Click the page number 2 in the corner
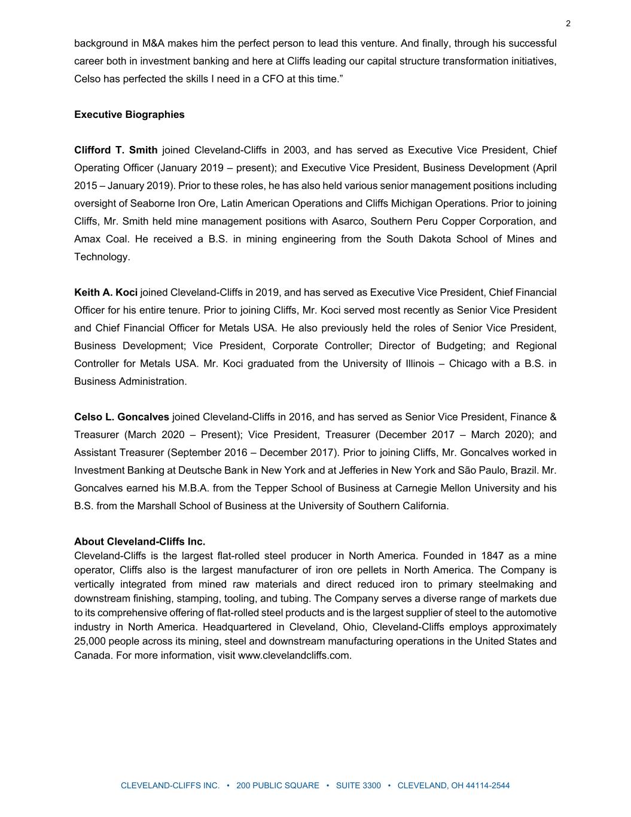point(568,24)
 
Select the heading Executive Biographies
point(129,114)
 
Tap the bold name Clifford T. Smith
point(115,150)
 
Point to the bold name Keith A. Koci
point(106,293)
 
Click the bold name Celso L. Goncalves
point(121,417)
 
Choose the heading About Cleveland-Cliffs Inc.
point(139,542)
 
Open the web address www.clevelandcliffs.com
point(294,655)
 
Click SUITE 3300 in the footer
point(358,786)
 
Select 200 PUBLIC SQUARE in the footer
point(278,786)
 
